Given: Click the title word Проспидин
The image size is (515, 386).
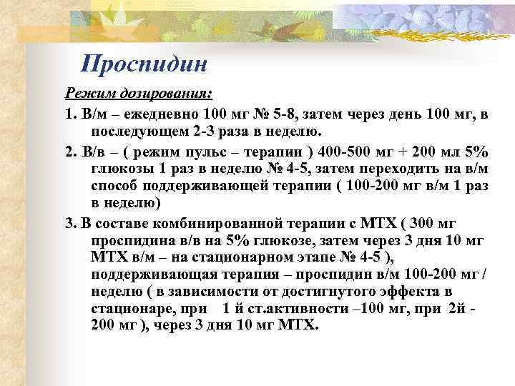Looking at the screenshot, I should click(x=144, y=64).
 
